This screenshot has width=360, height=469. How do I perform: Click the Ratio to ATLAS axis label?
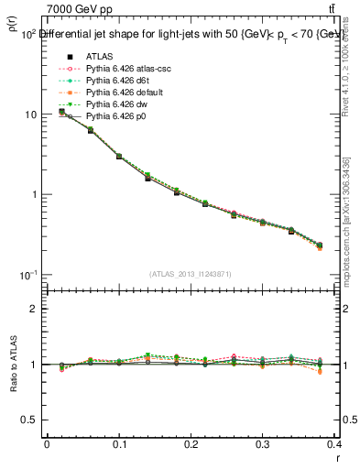point(11,365)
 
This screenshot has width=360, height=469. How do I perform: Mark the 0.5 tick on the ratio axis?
point(34,420)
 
